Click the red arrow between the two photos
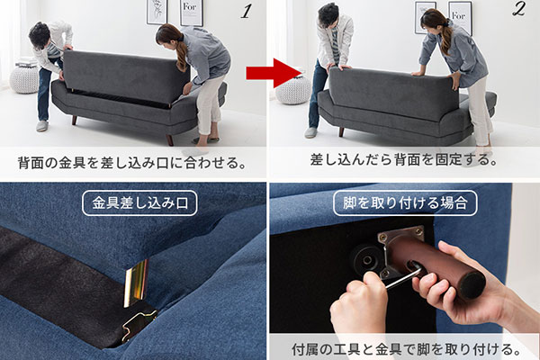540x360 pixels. [285, 71]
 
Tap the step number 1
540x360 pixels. [246, 12]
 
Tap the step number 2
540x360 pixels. [519, 12]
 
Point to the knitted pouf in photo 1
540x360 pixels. [24, 77]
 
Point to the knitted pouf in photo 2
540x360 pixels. [292, 89]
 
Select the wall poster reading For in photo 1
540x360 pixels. [191, 13]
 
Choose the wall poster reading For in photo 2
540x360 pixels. [460, 17]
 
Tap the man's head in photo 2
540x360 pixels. [328, 16]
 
